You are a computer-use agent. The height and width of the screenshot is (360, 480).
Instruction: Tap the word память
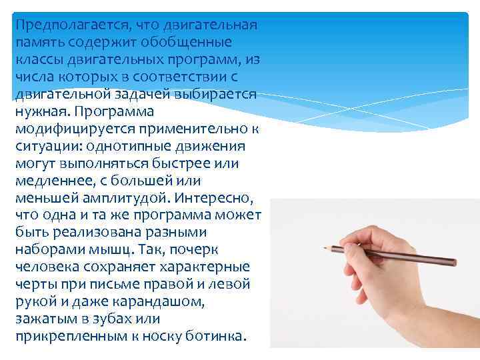41,43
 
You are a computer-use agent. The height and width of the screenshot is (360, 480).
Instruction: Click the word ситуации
45,146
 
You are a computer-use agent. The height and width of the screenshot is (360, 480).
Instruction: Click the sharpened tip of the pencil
326,247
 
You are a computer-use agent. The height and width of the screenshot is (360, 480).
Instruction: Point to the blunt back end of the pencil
454,264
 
